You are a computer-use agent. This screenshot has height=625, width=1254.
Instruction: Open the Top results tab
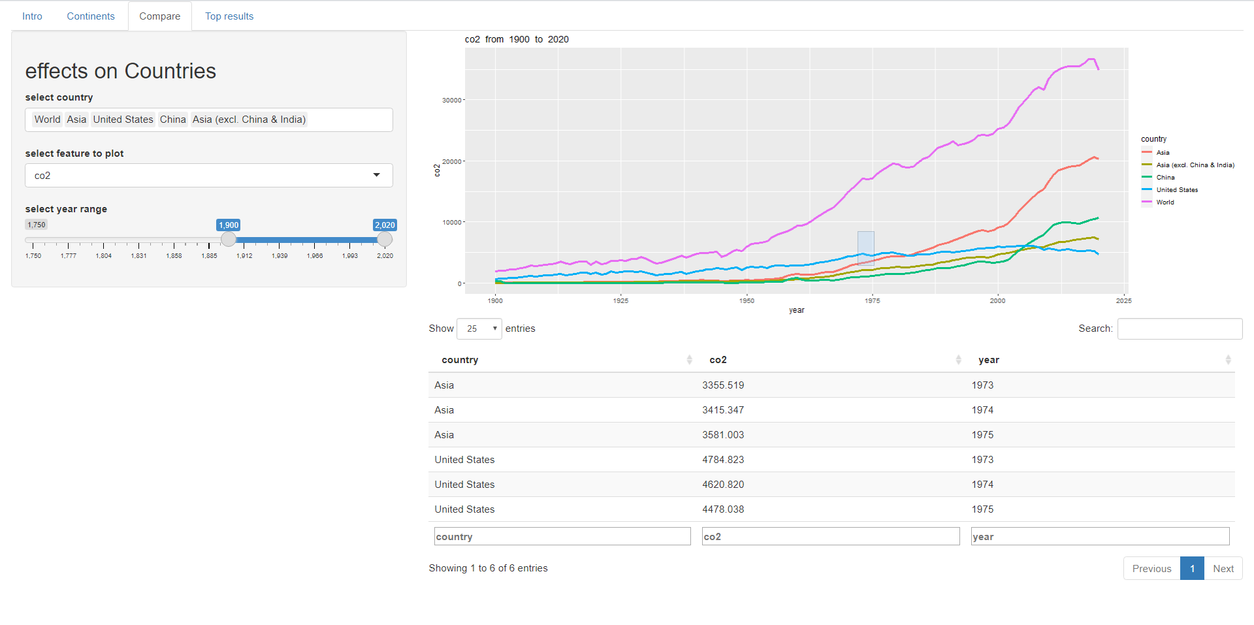coord(229,16)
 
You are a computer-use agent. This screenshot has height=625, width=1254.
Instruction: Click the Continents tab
coord(91,16)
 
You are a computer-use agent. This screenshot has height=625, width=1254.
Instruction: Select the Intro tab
coord(32,16)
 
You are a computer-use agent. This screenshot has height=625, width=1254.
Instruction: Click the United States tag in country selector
coord(123,120)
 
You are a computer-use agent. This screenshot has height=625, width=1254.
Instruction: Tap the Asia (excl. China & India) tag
coord(249,120)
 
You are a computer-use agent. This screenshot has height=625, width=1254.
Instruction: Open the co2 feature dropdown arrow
coord(377,175)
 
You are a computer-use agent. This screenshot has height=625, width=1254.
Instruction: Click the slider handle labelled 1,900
coord(228,239)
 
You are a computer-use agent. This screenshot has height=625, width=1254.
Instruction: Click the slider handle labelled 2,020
coord(385,239)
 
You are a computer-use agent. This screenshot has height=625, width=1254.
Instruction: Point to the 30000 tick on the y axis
coord(452,100)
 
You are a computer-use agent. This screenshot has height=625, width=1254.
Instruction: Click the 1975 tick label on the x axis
coord(872,300)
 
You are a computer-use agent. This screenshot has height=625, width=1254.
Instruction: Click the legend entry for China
coord(1165,178)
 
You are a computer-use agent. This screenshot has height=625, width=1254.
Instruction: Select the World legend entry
coord(1165,202)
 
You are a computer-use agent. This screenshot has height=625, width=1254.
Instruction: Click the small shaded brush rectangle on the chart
coord(865,248)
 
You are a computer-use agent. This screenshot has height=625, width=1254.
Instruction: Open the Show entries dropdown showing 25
coord(479,329)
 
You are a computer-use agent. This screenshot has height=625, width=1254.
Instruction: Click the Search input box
coord(1180,329)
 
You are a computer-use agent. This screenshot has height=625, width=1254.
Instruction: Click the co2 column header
coord(718,360)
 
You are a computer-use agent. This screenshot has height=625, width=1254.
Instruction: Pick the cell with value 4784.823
coord(723,460)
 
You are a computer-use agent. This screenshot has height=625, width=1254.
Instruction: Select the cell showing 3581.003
coord(723,435)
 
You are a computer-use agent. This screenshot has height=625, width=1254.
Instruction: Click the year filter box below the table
coord(1100,536)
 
